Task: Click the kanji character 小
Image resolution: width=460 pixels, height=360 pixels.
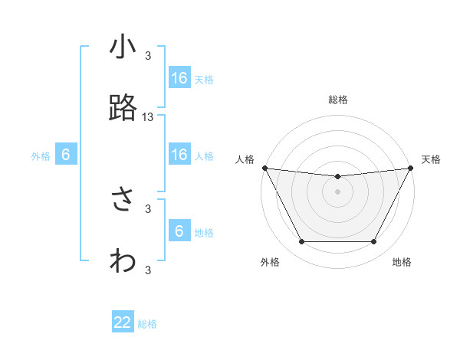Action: click(123, 48)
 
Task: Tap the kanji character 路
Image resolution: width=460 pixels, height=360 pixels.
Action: click(123, 109)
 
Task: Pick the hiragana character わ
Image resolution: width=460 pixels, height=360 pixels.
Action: click(123, 260)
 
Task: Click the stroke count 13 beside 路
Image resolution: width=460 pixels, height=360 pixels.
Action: click(148, 117)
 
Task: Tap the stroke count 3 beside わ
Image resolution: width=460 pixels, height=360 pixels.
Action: click(148, 269)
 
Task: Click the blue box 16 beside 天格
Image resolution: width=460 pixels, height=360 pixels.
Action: click(179, 78)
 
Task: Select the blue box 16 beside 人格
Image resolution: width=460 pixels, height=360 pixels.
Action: click(179, 155)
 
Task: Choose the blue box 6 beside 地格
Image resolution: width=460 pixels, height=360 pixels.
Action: click(179, 231)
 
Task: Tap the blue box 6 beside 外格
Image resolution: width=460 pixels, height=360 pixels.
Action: click(66, 155)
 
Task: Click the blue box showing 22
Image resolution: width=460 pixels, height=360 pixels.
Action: click(123, 322)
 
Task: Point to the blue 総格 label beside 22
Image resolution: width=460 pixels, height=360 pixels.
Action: click(147, 324)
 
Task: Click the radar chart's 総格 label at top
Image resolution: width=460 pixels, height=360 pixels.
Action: click(337, 100)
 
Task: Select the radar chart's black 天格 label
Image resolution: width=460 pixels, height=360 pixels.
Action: click(431, 159)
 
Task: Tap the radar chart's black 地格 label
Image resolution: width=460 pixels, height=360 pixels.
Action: click(402, 262)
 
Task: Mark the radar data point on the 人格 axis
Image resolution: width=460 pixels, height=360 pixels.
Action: click(264, 168)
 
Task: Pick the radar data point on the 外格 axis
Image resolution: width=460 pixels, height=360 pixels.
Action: click(301, 242)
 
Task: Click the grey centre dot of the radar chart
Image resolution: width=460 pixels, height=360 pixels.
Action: click(337, 191)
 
